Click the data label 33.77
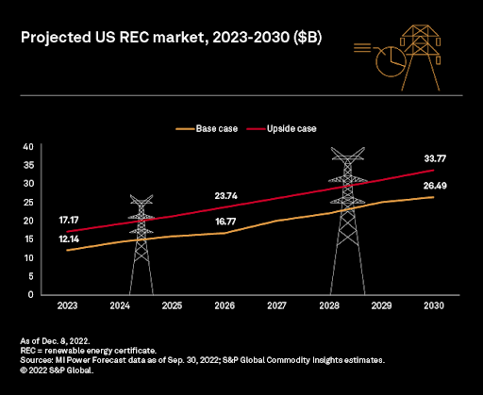pos(435,158)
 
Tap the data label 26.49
pos(435,186)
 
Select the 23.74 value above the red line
pos(226,196)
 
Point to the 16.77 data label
pos(225,222)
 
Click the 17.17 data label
pos(69,220)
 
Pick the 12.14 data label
pos(69,239)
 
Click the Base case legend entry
pos(207,128)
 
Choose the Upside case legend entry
pos(281,128)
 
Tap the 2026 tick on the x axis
pos(225,305)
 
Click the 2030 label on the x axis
pos(434,305)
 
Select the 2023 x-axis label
pos(67,305)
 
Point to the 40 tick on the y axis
pos(28,146)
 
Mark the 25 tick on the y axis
pos(28,202)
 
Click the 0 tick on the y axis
pos(30,294)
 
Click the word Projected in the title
pos(56,38)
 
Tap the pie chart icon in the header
pos(391,61)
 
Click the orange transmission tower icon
pos(421,58)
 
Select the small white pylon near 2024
pos(142,244)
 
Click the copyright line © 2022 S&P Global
pos(57,370)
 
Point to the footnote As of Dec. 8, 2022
pos(55,341)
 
